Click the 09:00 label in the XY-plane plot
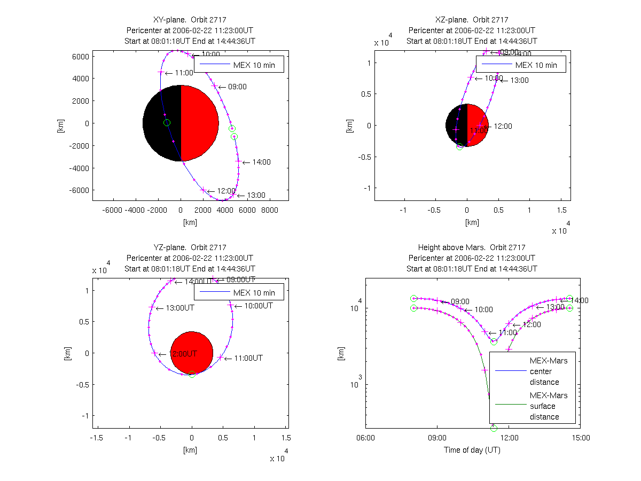237,87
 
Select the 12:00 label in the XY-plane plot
226,191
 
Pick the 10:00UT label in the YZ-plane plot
259,306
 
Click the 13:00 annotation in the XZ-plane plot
519,80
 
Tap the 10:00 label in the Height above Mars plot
483,310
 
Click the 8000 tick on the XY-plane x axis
270,211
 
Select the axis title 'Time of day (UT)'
472,450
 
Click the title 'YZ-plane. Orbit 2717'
190,247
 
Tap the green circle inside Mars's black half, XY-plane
167,123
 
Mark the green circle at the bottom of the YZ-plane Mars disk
192,374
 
